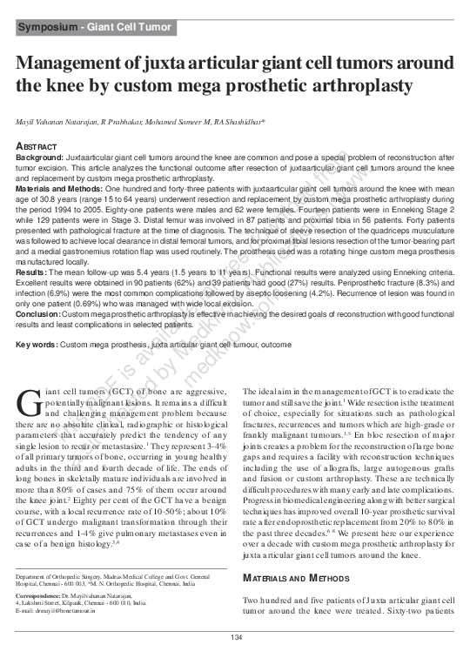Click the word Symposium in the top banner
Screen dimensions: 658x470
[50, 29]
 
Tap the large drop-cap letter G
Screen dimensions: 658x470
[28, 406]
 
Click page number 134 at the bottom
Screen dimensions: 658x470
[235, 640]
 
